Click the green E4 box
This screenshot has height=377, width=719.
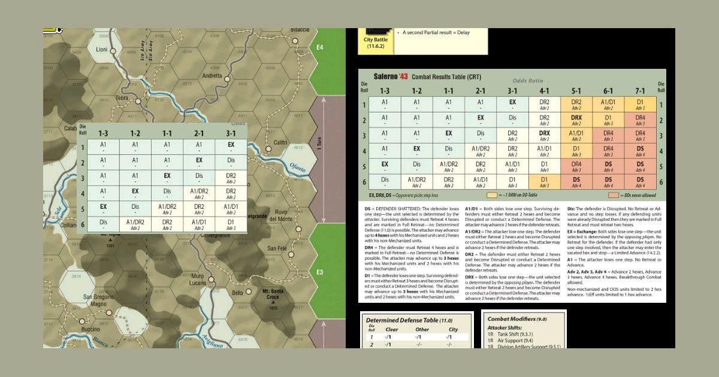point(319,47)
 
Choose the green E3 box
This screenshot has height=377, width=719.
point(319,272)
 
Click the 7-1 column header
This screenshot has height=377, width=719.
point(640,90)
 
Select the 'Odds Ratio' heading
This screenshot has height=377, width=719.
point(527,80)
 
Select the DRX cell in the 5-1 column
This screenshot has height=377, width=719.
point(576,118)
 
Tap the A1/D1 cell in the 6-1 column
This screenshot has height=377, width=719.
point(608,103)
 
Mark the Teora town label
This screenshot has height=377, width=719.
point(122,98)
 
